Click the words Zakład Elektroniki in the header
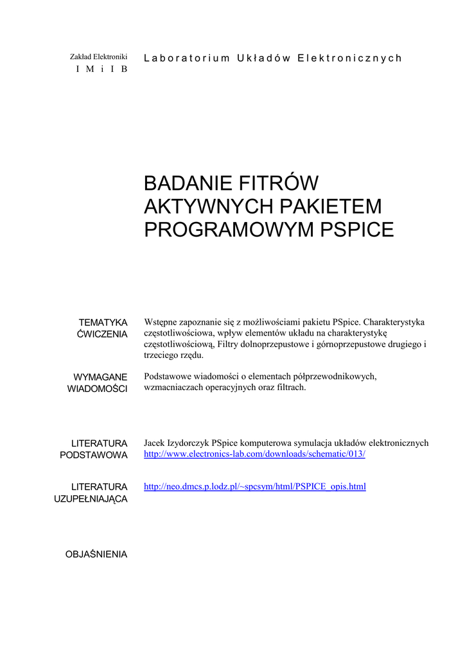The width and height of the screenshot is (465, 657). click(98, 57)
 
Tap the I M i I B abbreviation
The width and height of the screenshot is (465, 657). click(101, 69)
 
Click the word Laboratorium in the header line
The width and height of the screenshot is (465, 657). click(186, 58)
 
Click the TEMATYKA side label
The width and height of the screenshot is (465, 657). click(103, 322)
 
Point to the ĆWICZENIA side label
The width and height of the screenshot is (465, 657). click(102, 334)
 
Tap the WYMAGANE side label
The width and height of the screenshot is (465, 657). click(100, 377)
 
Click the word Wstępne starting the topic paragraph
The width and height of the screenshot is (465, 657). click(162, 322)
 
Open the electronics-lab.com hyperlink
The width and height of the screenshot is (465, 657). click(254, 454)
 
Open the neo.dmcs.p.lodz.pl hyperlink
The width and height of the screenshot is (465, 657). click(255, 486)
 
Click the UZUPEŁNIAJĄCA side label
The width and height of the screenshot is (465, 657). click(91, 499)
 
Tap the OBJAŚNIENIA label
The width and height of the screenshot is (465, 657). click(96, 554)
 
